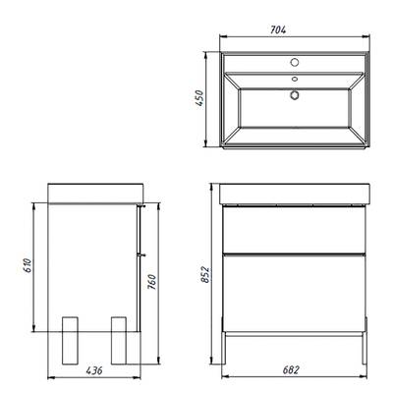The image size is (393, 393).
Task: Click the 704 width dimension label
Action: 278,29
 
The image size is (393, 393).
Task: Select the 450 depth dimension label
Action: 199,98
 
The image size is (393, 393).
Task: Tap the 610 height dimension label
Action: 28,266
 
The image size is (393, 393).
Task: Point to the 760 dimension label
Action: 152,282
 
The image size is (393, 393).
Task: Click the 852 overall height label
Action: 204,274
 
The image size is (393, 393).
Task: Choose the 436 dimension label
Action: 94,370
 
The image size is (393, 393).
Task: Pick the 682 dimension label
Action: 291,370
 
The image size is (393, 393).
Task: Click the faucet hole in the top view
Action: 295,62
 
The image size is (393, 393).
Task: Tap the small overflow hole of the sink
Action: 295,79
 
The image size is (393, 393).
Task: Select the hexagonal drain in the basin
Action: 295,95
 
